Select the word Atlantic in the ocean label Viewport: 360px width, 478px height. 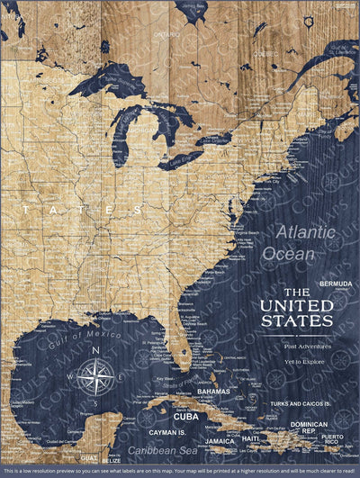click(305, 233)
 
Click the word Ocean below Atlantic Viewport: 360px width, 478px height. click(289, 254)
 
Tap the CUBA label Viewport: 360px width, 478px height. click(185, 417)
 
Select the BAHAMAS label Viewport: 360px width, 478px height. click(213, 392)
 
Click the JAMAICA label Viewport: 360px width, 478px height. click(220, 441)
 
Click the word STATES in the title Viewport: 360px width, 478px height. click(296, 321)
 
